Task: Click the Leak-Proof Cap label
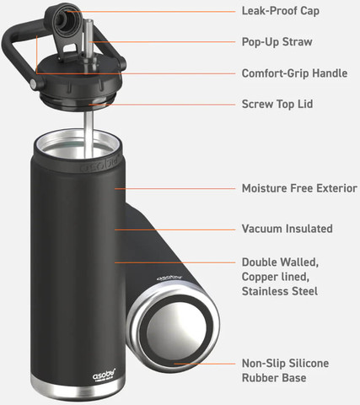[281, 11]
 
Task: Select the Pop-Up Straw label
[277, 42]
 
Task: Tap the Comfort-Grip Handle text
[294, 73]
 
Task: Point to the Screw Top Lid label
[277, 104]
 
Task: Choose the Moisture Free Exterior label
[299, 188]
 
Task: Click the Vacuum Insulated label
[287, 229]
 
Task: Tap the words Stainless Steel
[280, 291]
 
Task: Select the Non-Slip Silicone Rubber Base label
[285, 370]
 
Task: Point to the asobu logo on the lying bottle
[169, 277]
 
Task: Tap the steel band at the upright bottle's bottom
[78, 389]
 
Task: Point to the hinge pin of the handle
[34, 84]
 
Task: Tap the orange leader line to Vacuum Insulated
[175, 229]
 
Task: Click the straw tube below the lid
[89, 134]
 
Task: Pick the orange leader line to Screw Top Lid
[162, 105]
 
